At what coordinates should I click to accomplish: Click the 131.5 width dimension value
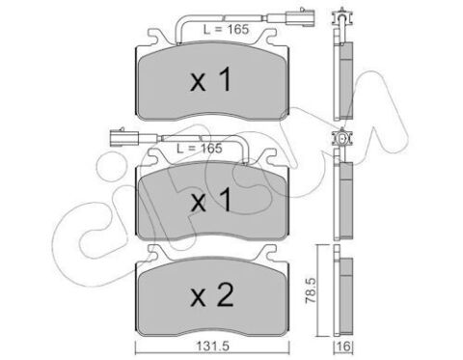(x=212, y=346)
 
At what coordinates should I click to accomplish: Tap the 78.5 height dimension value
(x=311, y=291)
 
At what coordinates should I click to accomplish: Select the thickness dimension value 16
(x=343, y=346)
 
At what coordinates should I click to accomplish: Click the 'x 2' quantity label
(x=212, y=295)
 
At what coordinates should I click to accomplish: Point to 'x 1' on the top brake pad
(x=211, y=79)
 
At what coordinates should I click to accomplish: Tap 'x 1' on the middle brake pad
(x=211, y=200)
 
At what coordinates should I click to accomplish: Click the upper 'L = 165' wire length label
(x=226, y=30)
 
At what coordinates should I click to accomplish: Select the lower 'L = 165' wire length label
(x=200, y=149)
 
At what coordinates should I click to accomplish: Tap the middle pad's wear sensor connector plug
(x=123, y=137)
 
